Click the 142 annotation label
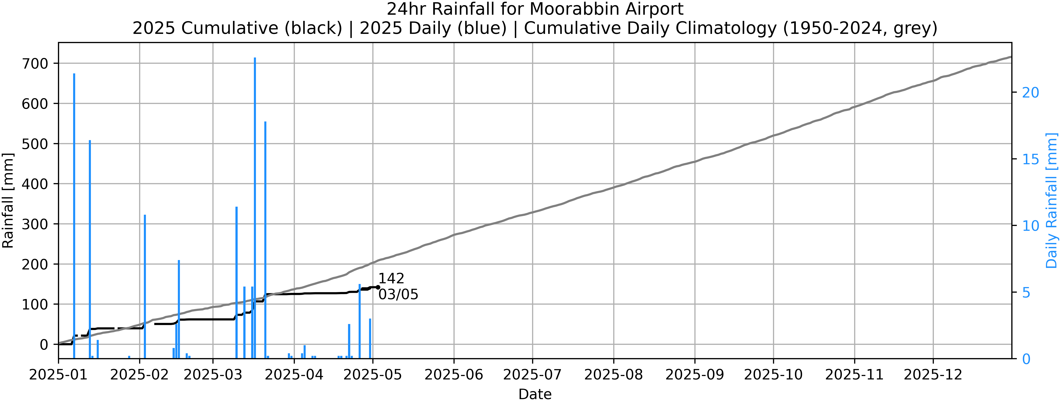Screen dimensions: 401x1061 point(391,279)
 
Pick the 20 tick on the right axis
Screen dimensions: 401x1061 point(1031,92)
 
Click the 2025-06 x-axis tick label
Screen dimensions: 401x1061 point(454,375)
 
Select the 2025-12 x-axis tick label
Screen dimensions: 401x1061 point(933,375)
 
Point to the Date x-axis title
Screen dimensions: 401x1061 point(535,394)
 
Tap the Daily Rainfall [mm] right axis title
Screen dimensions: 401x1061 point(1052,200)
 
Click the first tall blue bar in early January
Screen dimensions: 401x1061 point(74,215)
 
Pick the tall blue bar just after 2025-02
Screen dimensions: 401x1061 point(145,285)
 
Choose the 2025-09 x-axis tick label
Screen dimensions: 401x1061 point(695,375)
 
